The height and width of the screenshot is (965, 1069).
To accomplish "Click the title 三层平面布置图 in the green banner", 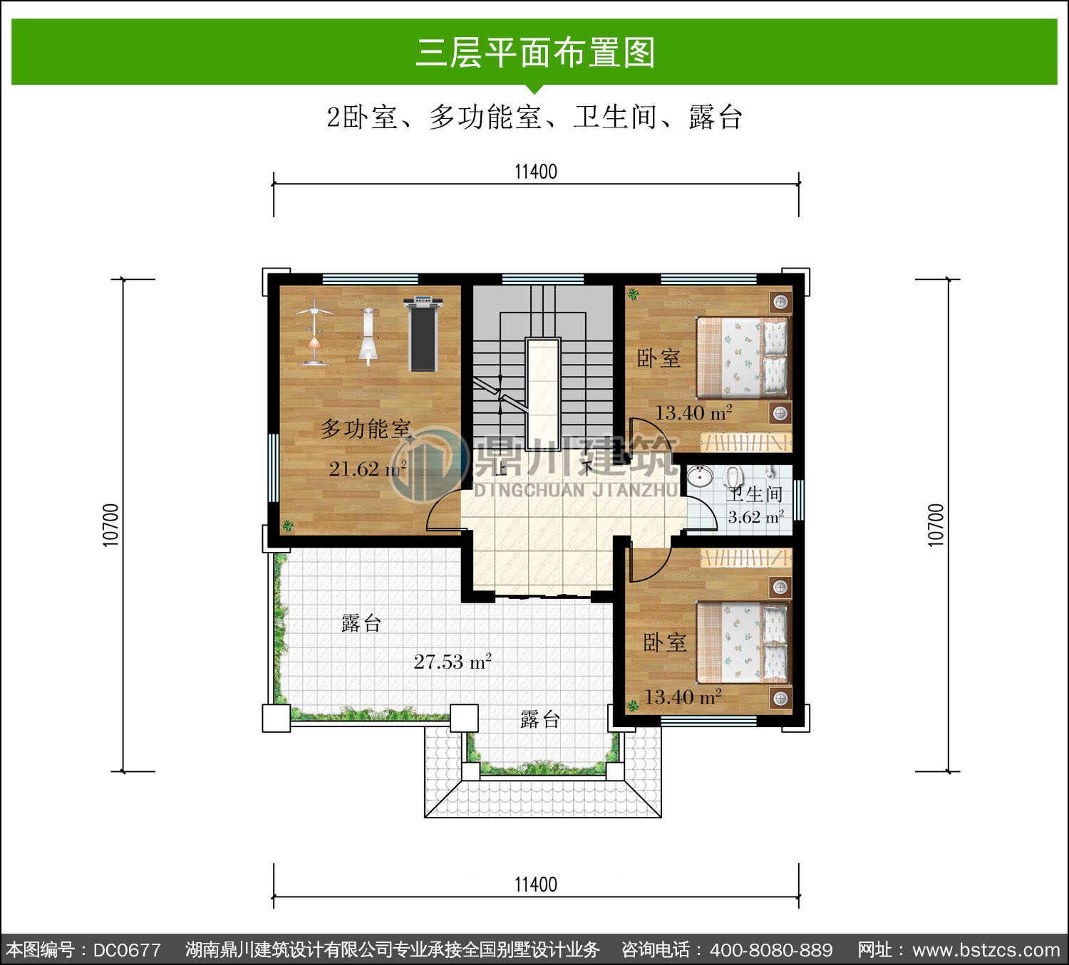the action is pos(534,53).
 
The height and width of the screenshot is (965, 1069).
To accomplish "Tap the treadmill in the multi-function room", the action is pos(423,334).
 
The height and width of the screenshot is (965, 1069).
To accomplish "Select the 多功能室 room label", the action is pos(366,429).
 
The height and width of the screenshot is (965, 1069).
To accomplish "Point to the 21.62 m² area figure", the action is pos(368,469).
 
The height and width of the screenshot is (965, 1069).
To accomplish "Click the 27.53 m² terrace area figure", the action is pos(453,662).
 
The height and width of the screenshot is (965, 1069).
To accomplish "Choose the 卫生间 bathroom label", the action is pos(755,494).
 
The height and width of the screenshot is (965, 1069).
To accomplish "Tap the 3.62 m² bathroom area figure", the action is pos(755,516).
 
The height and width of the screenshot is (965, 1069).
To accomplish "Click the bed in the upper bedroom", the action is pos(743,358).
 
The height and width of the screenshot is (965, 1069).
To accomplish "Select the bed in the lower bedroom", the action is pos(743,642).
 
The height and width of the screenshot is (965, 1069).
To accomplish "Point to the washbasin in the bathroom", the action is pos(700,476).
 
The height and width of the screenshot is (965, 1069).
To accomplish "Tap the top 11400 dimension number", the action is pos(535,172).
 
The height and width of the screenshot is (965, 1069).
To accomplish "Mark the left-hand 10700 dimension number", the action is pos(110,525).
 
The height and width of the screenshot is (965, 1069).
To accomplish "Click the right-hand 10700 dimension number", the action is pos(936,525).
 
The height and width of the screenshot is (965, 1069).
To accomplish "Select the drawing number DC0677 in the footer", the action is pos(127,950).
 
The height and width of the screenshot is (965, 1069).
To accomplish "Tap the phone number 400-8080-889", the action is pos(771,950).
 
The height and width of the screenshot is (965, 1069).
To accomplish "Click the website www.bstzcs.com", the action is pos(986,950).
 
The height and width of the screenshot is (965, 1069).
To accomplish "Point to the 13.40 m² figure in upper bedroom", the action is pos(693,413).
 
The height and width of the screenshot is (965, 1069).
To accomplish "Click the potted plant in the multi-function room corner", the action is pos(288,526).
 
